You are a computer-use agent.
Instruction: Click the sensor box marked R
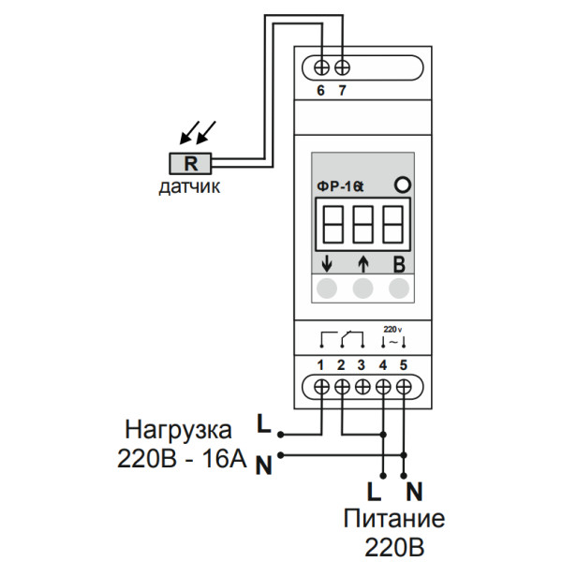tap(191, 162)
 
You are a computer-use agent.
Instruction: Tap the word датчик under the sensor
tap(189, 187)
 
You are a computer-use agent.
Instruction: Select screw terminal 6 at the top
tap(323, 67)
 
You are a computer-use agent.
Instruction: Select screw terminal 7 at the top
tap(344, 67)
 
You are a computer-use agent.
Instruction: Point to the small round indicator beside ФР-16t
tap(403, 185)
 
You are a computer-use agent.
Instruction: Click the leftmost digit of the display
tap(333, 224)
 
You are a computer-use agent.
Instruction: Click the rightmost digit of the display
tap(393, 224)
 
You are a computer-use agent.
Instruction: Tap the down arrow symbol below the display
tap(327, 263)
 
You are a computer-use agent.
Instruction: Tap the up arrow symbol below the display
tap(363, 263)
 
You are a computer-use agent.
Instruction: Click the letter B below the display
tap(399, 263)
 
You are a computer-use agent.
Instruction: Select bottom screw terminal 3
tap(362, 385)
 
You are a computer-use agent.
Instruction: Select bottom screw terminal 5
tap(404, 385)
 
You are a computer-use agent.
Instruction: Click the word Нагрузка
tap(178, 432)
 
